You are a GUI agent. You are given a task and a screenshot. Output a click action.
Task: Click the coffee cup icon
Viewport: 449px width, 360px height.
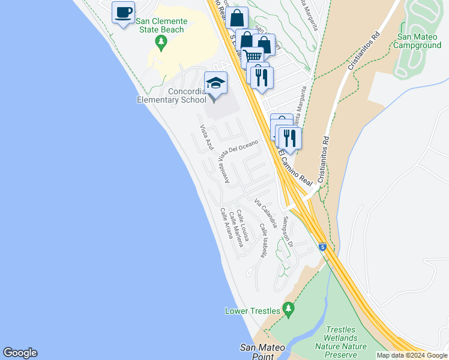(123, 13)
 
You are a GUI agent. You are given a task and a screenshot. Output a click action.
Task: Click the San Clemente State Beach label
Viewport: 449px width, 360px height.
(161, 25)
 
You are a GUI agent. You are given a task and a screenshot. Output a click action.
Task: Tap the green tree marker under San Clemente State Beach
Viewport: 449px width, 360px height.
(160, 42)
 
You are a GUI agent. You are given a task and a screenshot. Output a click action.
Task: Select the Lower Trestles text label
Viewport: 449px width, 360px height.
(253, 311)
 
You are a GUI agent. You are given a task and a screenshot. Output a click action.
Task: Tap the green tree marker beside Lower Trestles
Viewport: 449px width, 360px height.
(289, 308)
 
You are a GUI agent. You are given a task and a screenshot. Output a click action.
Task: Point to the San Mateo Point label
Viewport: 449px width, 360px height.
(258, 351)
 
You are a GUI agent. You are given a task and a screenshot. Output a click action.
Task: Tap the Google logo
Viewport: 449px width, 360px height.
(20, 353)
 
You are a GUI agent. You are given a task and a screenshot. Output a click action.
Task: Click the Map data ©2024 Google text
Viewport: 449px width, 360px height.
(412, 355)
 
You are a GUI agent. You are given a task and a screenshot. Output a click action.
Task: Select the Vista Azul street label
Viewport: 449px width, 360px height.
(207, 138)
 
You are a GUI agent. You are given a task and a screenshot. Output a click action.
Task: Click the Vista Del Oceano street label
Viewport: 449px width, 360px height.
(239, 149)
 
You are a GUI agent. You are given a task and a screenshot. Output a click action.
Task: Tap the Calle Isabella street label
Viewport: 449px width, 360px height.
(263, 241)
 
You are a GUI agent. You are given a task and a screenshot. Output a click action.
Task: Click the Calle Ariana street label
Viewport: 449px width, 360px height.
(226, 223)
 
